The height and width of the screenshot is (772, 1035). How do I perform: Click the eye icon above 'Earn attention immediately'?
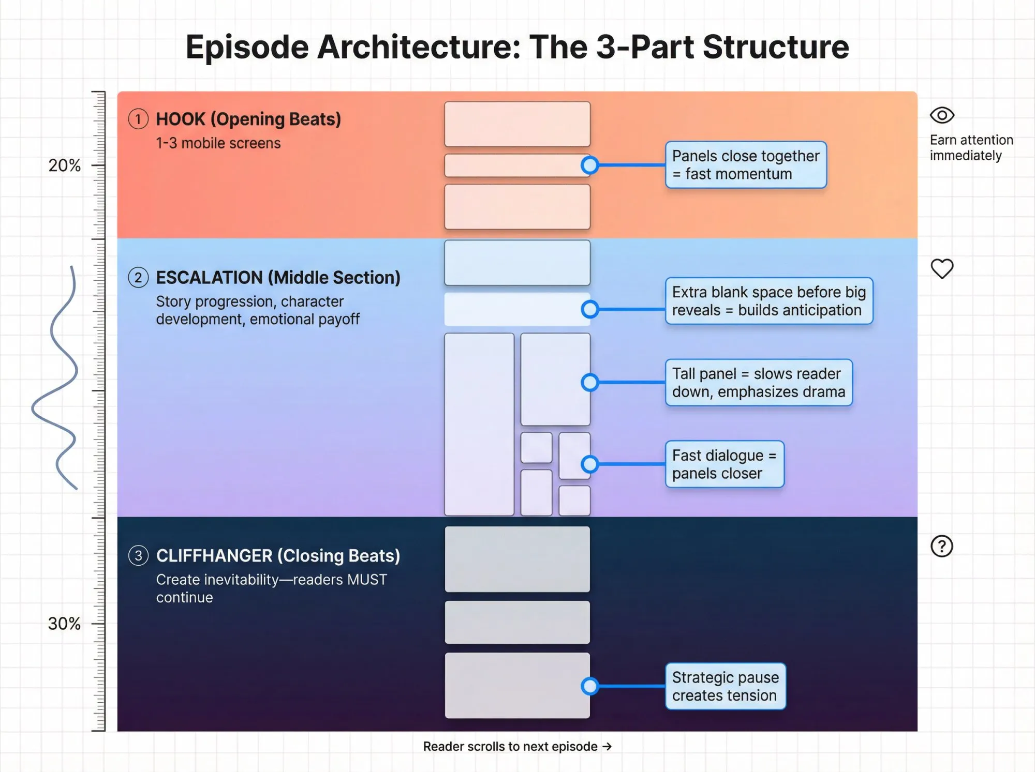coord(942,115)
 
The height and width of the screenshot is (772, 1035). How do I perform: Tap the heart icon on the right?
coord(942,269)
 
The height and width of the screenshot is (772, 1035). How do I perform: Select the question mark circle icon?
coord(942,546)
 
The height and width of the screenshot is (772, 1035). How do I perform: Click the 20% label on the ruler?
coord(64,165)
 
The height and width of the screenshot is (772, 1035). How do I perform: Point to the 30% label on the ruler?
coord(64,624)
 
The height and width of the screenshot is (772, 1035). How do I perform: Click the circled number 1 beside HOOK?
coord(138,119)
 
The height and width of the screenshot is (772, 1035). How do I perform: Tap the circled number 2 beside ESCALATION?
coord(138,278)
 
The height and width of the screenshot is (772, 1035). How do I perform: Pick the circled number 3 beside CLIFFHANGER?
coord(138,556)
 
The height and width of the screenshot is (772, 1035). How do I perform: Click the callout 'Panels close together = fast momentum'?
coord(746,165)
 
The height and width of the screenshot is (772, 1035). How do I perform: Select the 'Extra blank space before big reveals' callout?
coord(768,301)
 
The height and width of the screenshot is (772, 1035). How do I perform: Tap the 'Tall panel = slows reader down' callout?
coord(758,383)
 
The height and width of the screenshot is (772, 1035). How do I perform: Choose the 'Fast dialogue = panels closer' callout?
coord(724,464)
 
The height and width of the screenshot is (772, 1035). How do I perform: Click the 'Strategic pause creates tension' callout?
coord(725,686)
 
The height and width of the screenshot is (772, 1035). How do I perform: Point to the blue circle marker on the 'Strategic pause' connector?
coord(590,686)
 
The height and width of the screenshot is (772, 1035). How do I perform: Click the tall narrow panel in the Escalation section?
coord(479,424)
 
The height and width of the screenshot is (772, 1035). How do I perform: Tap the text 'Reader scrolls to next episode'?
coord(510,747)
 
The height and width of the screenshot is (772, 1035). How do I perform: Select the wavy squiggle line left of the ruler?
coord(57,377)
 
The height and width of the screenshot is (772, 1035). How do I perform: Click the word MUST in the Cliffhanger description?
coord(367,580)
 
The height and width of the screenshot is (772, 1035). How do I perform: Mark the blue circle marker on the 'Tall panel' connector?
coord(590,383)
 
